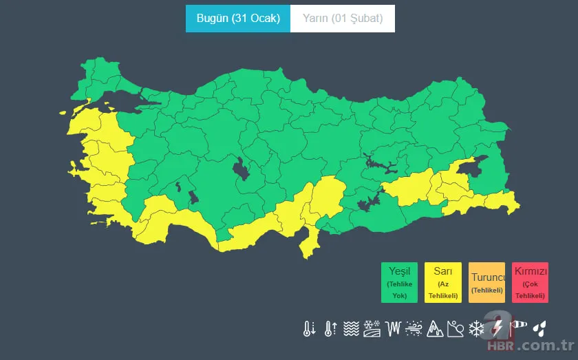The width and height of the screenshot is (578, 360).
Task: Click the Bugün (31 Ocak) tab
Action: (x=238, y=19)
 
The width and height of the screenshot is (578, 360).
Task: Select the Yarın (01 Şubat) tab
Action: (x=343, y=19)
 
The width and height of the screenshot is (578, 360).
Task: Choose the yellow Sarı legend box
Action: (x=443, y=282)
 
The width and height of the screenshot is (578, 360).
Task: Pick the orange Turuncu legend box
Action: (x=486, y=282)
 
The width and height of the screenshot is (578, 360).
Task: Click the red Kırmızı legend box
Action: (x=530, y=282)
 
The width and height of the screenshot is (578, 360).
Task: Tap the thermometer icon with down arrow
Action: (x=309, y=328)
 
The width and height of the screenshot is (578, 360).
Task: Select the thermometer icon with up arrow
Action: (x=330, y=328)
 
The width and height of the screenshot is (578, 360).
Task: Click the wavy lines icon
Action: (x=351, y=328)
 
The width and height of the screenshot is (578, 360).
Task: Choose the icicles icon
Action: (x=393, y=328)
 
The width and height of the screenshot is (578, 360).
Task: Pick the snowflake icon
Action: (x=476, y=328)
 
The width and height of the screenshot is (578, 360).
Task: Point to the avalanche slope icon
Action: (x=456, y=328)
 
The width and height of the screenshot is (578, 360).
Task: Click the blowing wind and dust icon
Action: (x=414, y=328)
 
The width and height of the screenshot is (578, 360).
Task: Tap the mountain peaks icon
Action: (x=434, y=328)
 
